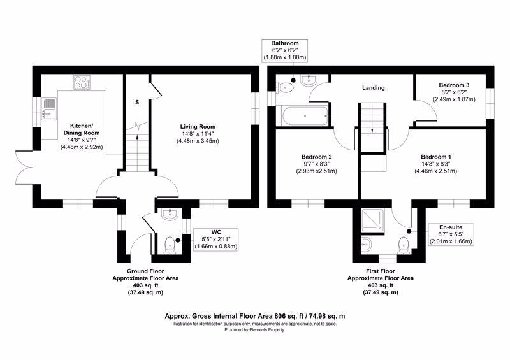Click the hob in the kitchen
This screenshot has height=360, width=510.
[x=82, y=82]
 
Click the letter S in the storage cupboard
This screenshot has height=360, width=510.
[x=137, y=102]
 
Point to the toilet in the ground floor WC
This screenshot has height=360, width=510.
[x=170, y=245]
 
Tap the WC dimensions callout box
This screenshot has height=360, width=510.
[x=216, y=240]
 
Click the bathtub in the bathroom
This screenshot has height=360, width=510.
[x=305, y=115]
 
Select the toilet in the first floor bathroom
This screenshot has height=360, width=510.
[x=285, y=88]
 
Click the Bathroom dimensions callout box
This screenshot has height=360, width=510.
[x=285, y=50]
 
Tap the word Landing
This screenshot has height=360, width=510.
[x=374, y=88]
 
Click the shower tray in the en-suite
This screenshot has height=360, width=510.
[x=373, y=220]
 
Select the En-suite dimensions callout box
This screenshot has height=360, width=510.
[x=451, y=234]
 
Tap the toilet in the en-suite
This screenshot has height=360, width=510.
[x=404, y=245]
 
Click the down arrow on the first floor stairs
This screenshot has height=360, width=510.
[x=372, y=131]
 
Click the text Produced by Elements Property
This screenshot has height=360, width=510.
[x=254, y=330]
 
